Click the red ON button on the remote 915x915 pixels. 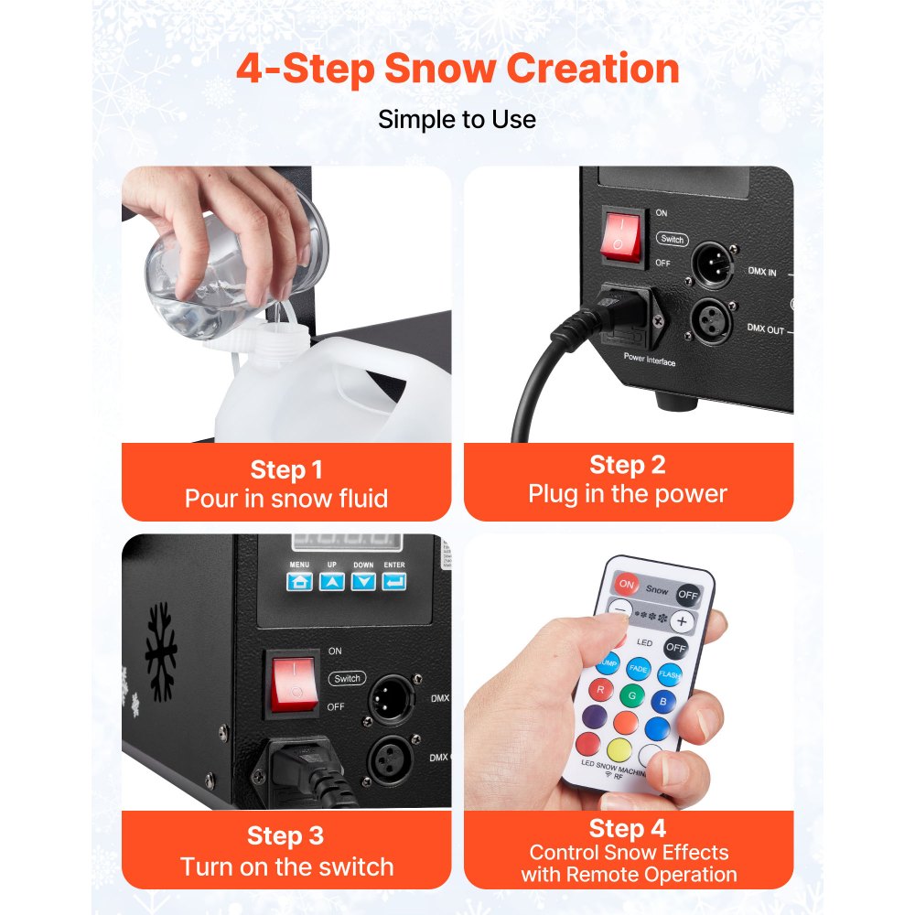click(x=627, y=583)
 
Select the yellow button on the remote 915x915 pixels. click(x=619, y=750)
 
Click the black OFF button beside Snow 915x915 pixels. click(x=688, y=595)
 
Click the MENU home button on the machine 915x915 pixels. click(x=299, y=580)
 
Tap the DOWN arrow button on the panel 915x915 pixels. click(x=364, y=580)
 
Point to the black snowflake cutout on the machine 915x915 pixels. click(x=162, y=651)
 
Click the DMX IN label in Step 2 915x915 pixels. click(x=761, y=272)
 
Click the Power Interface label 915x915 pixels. click(x=650, y=361)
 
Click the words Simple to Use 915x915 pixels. click(x=457, y=119)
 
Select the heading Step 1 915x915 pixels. click(x=285, y=470)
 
